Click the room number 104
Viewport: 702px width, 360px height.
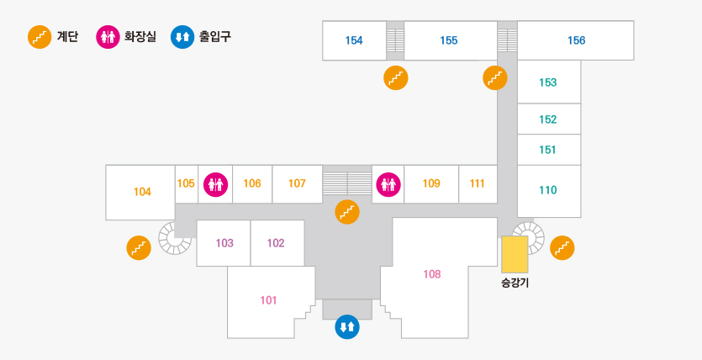pyautogui.click(x=142, y=192)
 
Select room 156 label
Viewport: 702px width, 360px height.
pyautogui.click(x=576, y=40)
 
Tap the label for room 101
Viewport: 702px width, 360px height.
pyautogui.click(x=268, y=300)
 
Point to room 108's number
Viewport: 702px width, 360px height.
pyautogui.click(x=432, y=273)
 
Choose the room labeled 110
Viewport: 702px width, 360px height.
pyautogui.click(x=547, y=190)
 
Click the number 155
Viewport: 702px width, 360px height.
pyautogui.click(x=448, y=40)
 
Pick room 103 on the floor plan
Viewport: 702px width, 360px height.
pyautogui.click(x=224, y=243)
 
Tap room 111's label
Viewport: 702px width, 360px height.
pyautogui.click(x=478, y=183)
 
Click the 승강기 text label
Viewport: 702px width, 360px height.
pyautogui.click(x=515, y=283)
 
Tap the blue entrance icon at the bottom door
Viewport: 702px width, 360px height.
pyautogui.click(x=347, y=326)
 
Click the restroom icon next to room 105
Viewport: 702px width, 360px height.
pyautogui.click(x=215, y=183)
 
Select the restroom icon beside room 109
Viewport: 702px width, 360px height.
pyautogui.click(x=388, y=183)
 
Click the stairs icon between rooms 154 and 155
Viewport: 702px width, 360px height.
pyautogui.click(x=395, y=77)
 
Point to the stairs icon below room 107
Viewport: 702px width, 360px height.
pyautogui.click(x=346, y=212)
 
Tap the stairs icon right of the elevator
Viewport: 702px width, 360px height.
pyautogui.click(x=562, y=247)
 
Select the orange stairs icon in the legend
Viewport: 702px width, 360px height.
pyautogui.click(x=40, y=37)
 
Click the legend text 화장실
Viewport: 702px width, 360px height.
pyautogui.click(x=140, y=37)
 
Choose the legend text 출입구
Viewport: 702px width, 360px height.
pyautogui.click(x=214, y=37)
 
